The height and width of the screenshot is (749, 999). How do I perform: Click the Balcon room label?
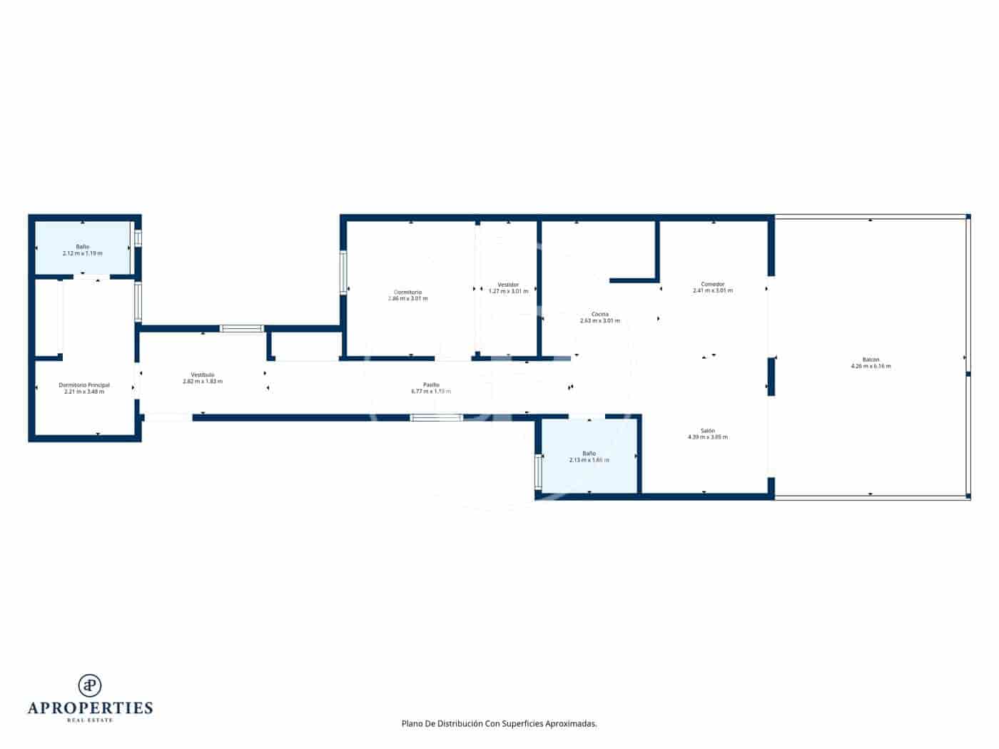click(x=871, y=360)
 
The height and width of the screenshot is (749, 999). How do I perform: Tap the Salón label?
click(x=708, y=431)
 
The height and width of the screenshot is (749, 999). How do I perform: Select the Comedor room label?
click(x=712, y=285)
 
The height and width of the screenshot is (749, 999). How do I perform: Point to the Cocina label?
click(x=599, y=315)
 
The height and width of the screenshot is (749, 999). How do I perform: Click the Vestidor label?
click(x=508, y=285)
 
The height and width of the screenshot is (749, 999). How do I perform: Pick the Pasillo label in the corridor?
click(x=431, y=385)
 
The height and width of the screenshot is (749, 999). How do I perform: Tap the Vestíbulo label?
click(x=203, y=374)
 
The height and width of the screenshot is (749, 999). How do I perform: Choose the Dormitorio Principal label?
click(x=84, y=385)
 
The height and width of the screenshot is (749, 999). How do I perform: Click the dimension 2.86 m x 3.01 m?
click(x=407, y=299)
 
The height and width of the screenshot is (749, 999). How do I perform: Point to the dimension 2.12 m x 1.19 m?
click(x=83, y=253)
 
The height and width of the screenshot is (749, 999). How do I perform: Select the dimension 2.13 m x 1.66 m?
click(x=589, y=460)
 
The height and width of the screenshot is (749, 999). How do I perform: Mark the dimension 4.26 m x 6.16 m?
click(x=871, y=367)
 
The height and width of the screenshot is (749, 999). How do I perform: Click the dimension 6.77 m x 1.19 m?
click(x=431, y=392)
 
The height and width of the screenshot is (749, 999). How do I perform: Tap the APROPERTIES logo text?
click(x=90, y=708)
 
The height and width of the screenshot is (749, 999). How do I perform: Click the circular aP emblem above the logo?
click(x=90, y=685)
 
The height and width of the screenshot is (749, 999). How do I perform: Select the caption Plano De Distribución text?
click(x=499, y=723)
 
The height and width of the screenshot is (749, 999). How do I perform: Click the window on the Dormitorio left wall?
click(x=343, y=272)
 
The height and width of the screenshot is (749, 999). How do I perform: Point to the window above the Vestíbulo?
click(x=242, y=329)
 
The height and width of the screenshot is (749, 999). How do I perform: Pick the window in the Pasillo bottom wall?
click(x=436, y=417)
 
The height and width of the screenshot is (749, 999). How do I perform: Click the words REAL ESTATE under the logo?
click(x=90, y=720)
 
